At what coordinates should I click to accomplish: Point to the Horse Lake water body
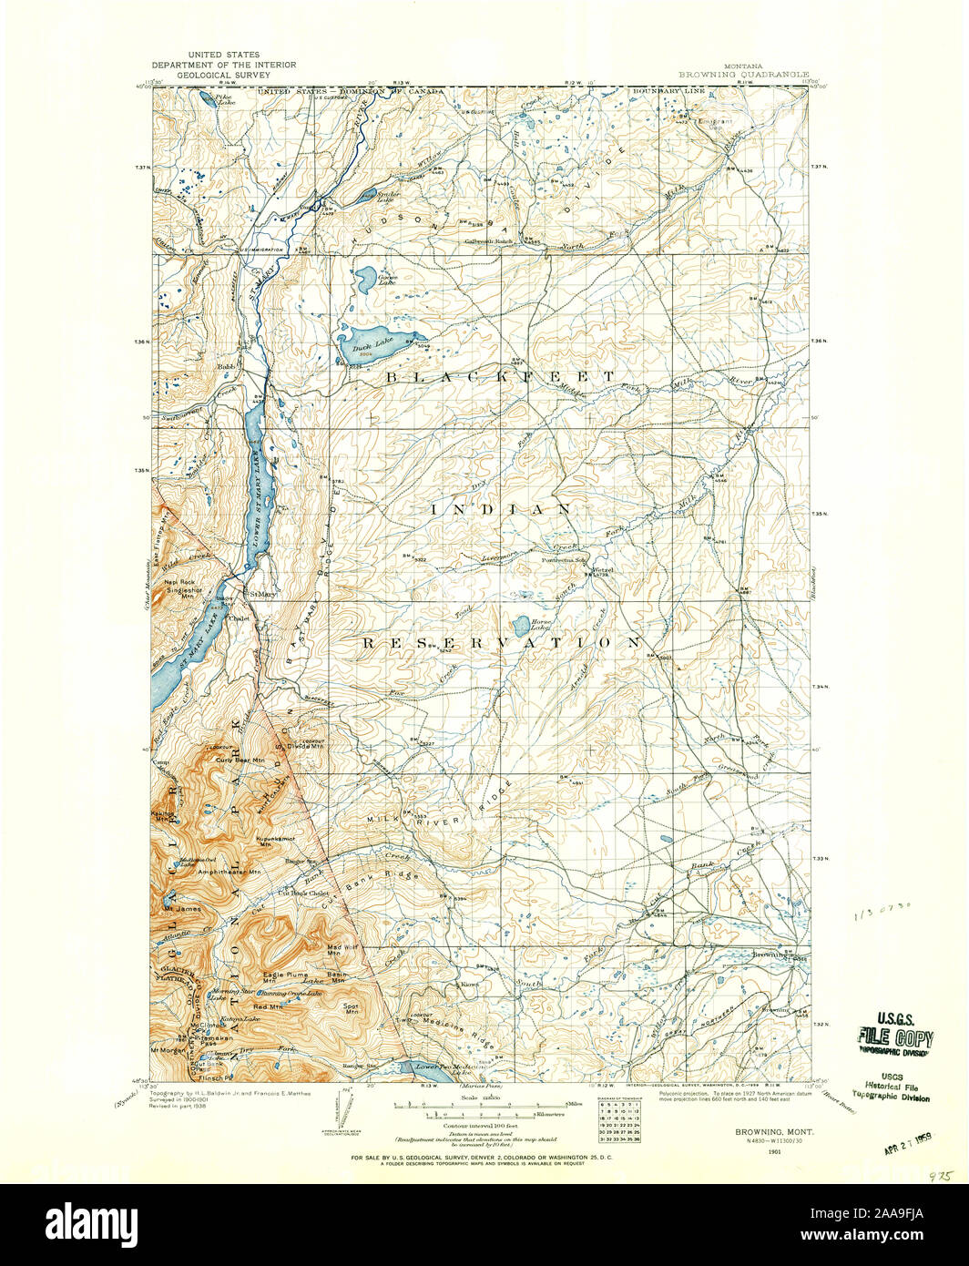tap(517, 624)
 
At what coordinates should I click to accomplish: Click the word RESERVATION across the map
tap(502, 643)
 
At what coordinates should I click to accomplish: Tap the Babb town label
tap(226, 366)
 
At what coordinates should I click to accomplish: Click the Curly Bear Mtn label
tap(240, 759)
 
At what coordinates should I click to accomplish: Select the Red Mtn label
tap(268, 1006)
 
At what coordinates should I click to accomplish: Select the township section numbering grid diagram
tap(618, 1120)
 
